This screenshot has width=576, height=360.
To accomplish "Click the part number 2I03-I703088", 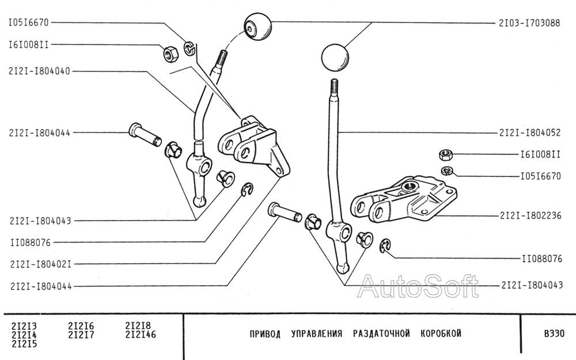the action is [529, 23].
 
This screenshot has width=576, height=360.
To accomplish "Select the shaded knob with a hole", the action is [257, 27].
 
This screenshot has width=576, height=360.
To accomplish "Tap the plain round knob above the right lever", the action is [335, 57].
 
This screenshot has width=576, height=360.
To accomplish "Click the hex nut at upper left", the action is [170, 54].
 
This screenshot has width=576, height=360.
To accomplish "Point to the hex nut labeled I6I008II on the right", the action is [445, 154].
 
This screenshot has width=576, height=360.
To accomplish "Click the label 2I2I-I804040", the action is [39, 71].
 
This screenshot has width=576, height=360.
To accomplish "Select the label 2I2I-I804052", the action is [530, 132].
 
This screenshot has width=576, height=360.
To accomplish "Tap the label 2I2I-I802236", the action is [530, 215].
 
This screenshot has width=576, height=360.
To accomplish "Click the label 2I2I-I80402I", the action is [40, 264].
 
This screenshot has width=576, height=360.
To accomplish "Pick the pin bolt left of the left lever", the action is [145, 135].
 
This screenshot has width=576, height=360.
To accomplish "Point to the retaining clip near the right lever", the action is [385, 245].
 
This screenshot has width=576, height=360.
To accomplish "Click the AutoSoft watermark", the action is [418, 286].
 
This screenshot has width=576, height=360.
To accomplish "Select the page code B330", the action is [554, 334].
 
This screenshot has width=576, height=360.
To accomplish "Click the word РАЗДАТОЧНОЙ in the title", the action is [381, 334].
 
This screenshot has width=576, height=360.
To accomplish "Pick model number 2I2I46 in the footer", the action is [141, 335].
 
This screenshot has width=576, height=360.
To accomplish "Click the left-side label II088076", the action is [31, 242].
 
